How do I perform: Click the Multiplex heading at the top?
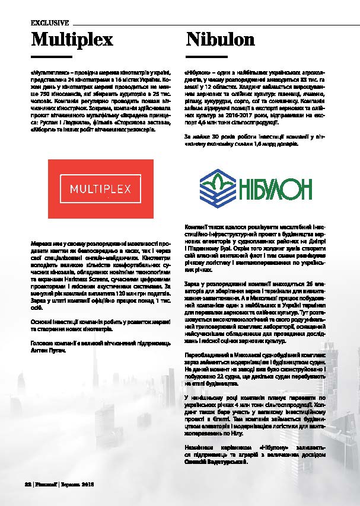72,40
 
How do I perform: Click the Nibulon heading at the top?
220,40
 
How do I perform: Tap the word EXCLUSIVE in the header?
50,23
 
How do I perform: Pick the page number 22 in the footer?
27,484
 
